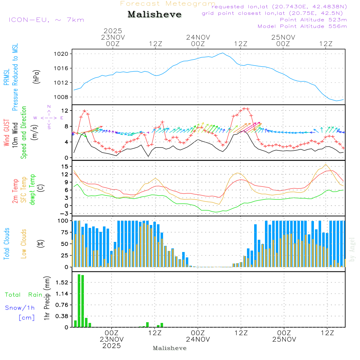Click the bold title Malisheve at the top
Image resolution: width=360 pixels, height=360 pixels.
[x=154, y=15]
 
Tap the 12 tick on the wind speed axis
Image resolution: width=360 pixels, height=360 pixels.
[x=65, y=111]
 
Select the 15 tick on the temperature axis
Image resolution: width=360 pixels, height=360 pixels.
[x=65, y=166]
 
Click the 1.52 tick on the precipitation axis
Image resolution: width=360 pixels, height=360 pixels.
[x=62, y=283]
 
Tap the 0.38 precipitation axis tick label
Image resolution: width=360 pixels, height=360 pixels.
[x=62, y=316]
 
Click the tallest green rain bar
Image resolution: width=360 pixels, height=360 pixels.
[x=79, y=301]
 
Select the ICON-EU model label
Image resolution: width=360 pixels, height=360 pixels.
[x=46, y=19]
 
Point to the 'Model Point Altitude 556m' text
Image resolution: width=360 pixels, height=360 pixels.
[x=302, y=26]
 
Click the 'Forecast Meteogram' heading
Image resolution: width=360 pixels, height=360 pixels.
[x=167, y=4]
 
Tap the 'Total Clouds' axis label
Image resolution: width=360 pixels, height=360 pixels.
[x=6, y=244]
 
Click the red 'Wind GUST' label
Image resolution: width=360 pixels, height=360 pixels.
[x=6, y=133]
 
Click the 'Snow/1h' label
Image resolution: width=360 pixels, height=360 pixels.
[x=20, y=308]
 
